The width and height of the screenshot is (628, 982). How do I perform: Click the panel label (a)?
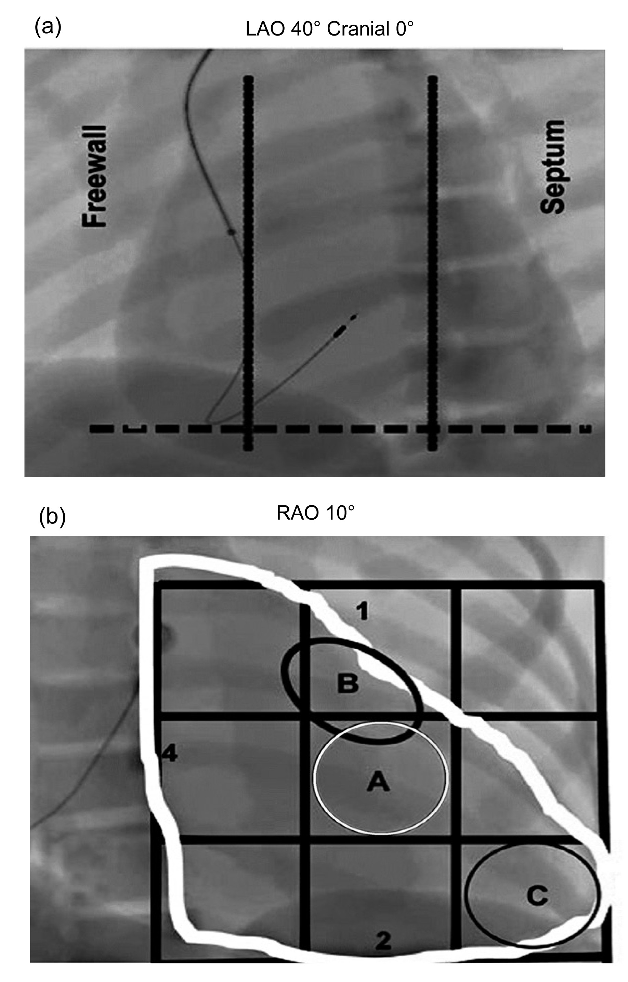pyautogui.click(x=48, y=27)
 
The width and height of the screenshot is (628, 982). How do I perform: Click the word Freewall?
pyautogui.click(x=94, y=176)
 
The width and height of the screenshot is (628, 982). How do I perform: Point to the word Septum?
pyautogui.click(x=552, y=167)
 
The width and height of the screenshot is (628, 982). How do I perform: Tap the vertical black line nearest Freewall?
pyautogui.click(x=248, y=263)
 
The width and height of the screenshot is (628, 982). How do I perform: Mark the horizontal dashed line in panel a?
pyautogui.click(x=340, y=429)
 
